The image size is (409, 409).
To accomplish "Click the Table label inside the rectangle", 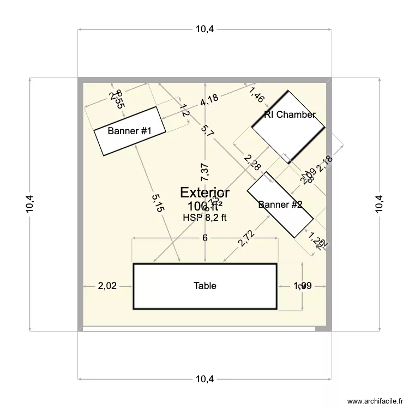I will coord(204,286).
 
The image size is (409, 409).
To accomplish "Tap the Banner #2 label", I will coord(280,205).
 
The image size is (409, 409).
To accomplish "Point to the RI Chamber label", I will coord(290,115).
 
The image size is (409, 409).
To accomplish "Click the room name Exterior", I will coord(204,193).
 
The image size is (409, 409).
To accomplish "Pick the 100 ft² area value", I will coord(204,206).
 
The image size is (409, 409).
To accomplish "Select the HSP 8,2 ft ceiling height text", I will coord(204,217).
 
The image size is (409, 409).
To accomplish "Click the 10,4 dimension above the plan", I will coord(204,29).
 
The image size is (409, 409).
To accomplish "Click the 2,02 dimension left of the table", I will coord(107,286).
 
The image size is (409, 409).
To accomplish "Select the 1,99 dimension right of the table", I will coord(303,286).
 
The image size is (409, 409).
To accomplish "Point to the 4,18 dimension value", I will coord(209,100).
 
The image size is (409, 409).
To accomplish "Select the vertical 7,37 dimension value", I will coord(204,172).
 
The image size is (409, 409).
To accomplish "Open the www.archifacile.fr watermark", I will coord(374,400).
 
